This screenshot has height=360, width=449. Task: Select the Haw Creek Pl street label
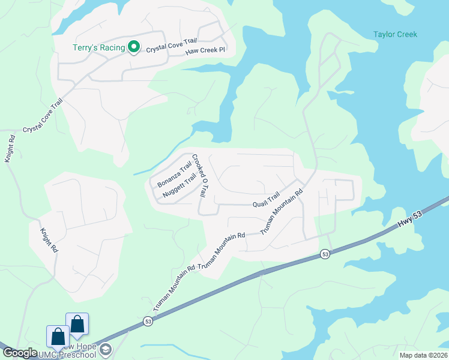pos(205,50)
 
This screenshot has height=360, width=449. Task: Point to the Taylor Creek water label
pos(395,35)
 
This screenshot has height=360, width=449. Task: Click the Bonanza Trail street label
pos(174,173)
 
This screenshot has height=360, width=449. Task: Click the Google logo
pos(20,353)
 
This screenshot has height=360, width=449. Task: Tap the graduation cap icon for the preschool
pos(106,349)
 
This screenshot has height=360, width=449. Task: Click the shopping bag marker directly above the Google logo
pos(58,337)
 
